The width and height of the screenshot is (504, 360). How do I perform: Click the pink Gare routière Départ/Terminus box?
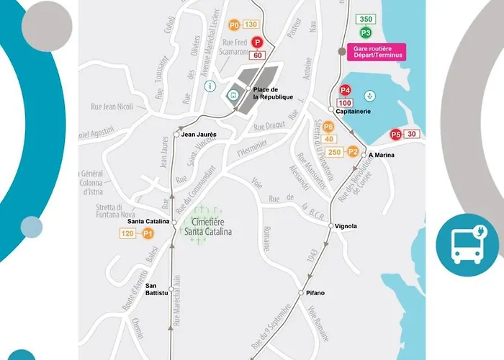point(377,51)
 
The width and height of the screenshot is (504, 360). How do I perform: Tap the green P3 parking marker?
point(366,32)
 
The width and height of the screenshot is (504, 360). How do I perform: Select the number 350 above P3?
point(366,19)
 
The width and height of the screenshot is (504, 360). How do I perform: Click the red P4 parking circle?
point(346,90)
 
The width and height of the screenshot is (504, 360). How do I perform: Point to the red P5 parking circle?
point(395,134)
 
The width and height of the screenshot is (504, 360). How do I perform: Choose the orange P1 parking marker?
point(148,233)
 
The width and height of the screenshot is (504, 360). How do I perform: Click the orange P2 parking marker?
point(353,152)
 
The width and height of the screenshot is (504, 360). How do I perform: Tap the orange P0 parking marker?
point(234,25)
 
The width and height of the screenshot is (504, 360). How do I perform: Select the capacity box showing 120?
point(128,233)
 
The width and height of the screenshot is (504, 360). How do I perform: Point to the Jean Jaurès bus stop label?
point(199,135)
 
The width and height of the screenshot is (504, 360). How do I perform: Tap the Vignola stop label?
point(346,226)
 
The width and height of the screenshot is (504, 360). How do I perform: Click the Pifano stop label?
point(316,292)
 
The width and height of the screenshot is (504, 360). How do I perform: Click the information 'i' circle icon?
point(210,86)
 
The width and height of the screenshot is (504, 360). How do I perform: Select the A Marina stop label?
point(383,155)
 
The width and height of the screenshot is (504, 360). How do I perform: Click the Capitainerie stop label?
point(354,112)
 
